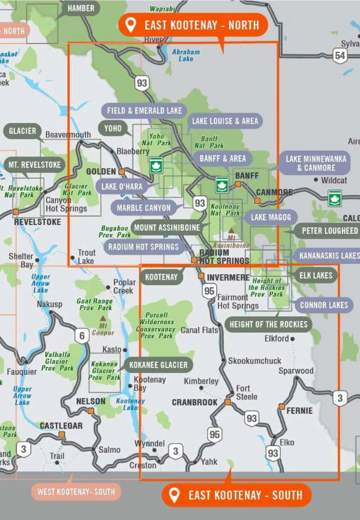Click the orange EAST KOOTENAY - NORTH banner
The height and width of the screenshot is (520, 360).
pos(193,25)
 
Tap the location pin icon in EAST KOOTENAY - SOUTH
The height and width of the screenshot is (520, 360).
pos(174,495)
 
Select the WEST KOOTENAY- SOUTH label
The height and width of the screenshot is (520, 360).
pos(76,491)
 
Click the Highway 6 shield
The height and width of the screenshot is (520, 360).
pos(81,335)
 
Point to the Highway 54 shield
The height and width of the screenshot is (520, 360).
pos(340,55)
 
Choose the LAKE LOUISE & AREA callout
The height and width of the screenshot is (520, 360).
pos(225,121)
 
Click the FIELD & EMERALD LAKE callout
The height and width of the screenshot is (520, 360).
pos(144,110)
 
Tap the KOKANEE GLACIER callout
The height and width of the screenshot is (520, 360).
pos(158,365)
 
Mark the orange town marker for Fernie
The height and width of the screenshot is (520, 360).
pos(282,406)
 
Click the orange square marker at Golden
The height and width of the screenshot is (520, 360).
pos(122,172)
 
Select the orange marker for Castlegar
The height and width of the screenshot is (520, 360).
pos(62,434)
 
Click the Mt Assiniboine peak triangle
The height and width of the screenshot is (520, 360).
pos(232,231)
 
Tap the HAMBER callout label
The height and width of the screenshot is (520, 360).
pos(81,8)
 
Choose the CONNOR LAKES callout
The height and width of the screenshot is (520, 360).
pos(324,305)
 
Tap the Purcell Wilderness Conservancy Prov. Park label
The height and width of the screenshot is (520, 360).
pos(157,325)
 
